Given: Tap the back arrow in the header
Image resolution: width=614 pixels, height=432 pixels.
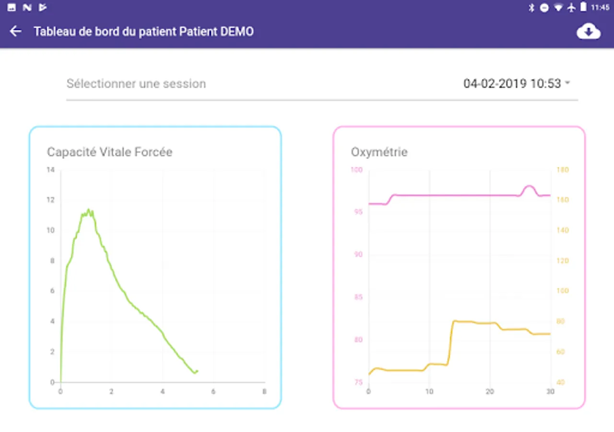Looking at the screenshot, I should pyautogui.click(x=16, y=32).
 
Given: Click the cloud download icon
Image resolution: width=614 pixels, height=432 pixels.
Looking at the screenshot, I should pyautogui.click(x=589, y=32).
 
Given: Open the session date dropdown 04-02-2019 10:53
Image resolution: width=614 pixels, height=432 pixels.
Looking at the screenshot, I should pyautogui.click(x=516, y=84).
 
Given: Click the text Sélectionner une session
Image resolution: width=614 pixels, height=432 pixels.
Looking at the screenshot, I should pyautogui.click(x=136, y=84).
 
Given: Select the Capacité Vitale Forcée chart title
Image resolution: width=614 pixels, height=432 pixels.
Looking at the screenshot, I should pyautogui.click(x=109, y=152).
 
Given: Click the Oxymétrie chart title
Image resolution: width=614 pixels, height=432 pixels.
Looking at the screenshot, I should pyautogui.click(x=379, y=152).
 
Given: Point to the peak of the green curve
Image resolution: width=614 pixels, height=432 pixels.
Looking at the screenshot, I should pyautogui.click(x=89, y=210).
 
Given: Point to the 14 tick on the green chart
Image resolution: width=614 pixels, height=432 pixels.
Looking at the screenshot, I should pyautogui.click(x=50, y=170).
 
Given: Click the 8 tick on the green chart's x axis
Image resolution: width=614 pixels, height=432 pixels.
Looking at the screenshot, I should pyautogui.click(x=264, y=392).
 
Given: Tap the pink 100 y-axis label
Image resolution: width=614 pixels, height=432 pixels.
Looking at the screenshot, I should pyautogui.click(x=357, y=170).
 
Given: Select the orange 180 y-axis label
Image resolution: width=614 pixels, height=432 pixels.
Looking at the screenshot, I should pyautogui.click(x=562, y=170).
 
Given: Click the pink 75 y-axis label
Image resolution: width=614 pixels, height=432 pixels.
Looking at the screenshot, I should pyautogui.click(x=358, y=383).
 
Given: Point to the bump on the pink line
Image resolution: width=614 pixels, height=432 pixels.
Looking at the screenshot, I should pyautogui.click(x=529, y=187).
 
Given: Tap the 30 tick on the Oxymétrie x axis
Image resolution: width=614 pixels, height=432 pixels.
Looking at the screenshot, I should pyautogui.click(x=550, y=392).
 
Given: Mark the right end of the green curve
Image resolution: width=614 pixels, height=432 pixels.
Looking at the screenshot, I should pyautogui.click(x=197, y=371).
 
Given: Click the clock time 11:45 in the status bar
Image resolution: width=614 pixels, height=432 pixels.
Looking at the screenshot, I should pyautogui.click(x=600, y=8).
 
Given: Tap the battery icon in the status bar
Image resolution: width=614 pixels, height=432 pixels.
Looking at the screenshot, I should pyautogui.click(x=583, y=7).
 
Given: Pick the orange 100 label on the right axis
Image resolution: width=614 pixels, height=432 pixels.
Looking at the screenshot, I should pyautogui.click(x=562, y=291).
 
